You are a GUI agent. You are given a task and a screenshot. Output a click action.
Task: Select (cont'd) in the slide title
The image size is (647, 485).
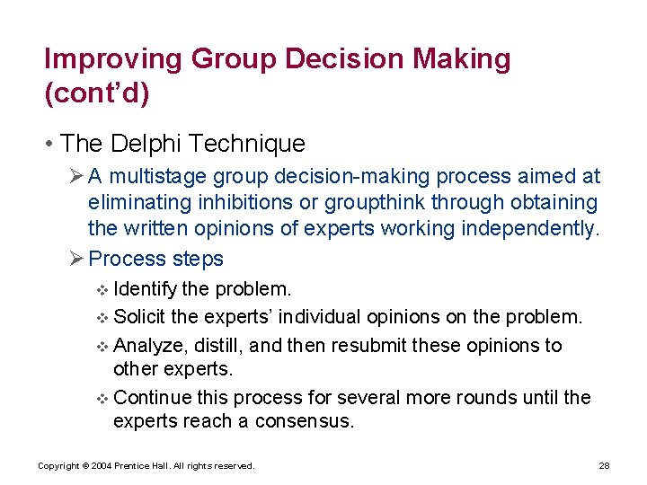(95, 94)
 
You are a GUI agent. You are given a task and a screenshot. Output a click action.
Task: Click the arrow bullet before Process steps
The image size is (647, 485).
(76, 259)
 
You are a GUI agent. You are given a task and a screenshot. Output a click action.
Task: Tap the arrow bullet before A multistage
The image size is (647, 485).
(76, 177)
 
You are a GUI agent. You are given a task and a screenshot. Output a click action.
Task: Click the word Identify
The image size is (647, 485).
(146, 289)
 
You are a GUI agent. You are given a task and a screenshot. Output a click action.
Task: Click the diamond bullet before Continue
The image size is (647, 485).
(102, 398)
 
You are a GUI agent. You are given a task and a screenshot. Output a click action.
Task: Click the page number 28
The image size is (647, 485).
(604, 465)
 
